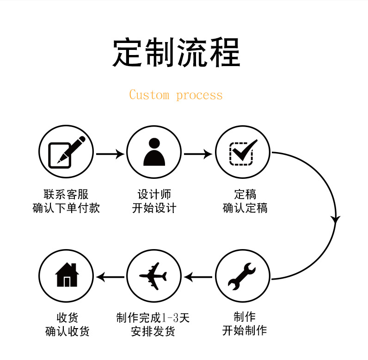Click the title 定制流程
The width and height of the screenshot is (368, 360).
176,53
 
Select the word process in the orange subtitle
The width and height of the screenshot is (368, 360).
199,96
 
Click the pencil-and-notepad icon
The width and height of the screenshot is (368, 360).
66,152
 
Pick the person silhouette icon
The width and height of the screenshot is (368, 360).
154,152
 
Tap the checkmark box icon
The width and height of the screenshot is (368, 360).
243,152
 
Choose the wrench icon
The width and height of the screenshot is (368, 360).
242,276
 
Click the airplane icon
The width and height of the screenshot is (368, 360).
154,276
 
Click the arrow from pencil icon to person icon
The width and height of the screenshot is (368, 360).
110,153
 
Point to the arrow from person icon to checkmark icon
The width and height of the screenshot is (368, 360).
198,153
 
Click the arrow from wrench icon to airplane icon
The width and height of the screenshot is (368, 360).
198,277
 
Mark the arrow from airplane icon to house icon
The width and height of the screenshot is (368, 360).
110,277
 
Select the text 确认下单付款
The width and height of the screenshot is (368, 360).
66,208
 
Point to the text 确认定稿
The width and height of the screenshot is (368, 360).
245,208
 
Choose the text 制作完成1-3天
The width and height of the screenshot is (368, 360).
153,318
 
